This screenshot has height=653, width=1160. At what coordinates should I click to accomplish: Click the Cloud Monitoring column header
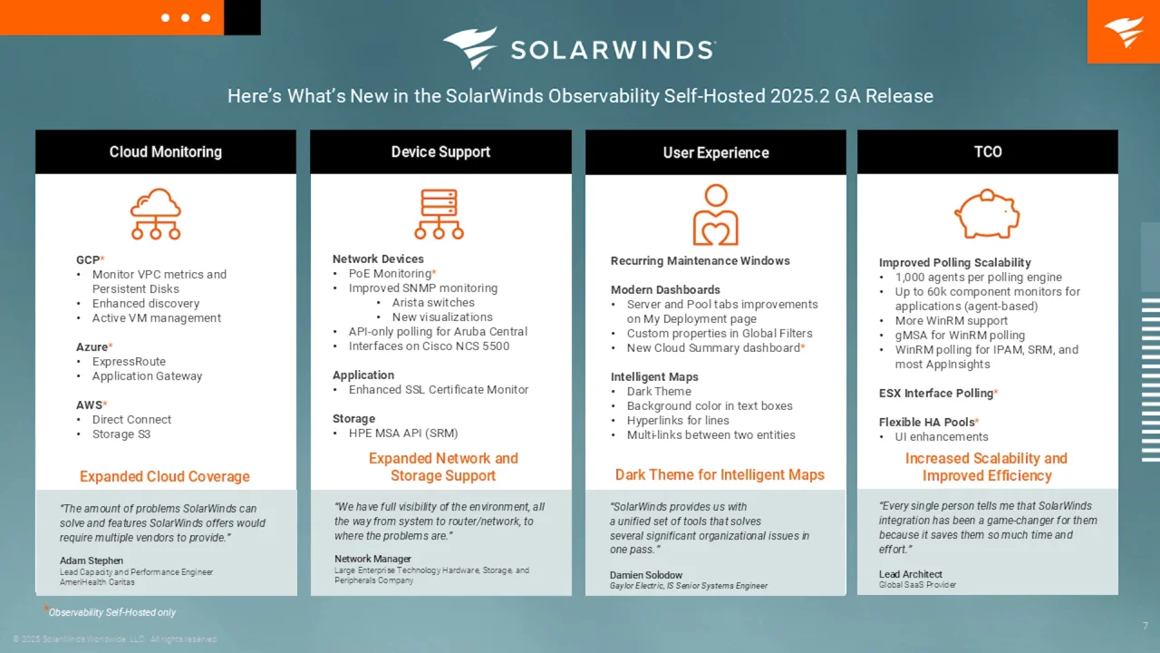click(165, 151)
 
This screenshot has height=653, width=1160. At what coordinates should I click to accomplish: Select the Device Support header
click(440, 151)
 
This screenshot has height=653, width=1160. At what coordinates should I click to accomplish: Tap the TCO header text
click(988, 151)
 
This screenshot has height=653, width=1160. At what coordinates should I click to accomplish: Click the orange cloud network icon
click(156, 213)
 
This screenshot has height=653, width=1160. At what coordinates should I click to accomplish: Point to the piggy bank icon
click(987, 213)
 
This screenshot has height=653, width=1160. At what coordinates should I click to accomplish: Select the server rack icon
click(440, 213)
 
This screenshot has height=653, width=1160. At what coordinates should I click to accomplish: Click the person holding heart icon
click(716, 215)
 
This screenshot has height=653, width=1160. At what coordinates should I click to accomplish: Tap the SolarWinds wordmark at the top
click(614, 50)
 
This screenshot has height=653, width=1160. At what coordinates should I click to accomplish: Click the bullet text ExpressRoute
click(129, 361)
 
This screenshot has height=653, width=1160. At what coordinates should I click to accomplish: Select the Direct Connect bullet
click(131, 419)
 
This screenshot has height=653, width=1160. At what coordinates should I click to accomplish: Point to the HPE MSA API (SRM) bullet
click(403, 433)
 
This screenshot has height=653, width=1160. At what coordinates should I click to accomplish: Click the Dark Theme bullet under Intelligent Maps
click(659, 391)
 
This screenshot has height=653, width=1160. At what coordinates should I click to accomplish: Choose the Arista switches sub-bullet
click(433, 302)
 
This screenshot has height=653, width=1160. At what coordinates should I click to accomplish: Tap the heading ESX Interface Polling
click(936, 394)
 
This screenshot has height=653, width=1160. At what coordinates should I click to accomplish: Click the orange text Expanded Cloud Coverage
click(165, 476)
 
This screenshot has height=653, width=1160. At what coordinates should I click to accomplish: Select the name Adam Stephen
click(92, 560)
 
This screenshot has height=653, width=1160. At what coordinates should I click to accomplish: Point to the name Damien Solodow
click(646, 575)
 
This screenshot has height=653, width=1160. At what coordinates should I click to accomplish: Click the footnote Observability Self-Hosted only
click(111, 612)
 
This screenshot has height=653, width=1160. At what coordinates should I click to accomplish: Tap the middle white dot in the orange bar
click(186, 17)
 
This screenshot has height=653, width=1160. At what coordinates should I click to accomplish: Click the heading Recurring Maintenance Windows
click(701, 260)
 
